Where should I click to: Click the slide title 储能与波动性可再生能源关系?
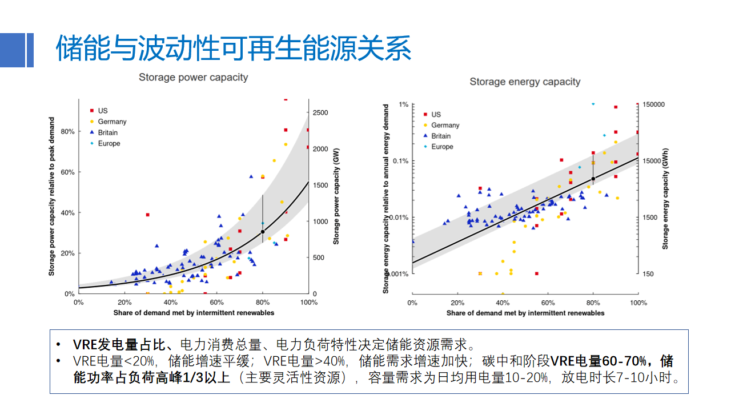coord(234,49)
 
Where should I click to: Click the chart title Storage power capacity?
coord(194,77)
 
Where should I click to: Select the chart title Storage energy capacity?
coord(525,82)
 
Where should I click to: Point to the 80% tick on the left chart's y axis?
coord(67,131)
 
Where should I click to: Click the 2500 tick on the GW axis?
coord(320,113)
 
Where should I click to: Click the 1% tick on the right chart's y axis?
coord(403,104)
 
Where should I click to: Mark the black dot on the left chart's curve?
coord(263,231)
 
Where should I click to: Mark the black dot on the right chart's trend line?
coord(593,179)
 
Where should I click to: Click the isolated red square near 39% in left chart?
coord(147,215)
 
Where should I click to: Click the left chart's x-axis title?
coord(194,313)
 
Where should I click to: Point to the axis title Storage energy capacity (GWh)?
coord(665,199)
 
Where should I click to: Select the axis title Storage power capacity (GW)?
coord(336,196)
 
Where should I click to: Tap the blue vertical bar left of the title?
coord(30,50)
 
